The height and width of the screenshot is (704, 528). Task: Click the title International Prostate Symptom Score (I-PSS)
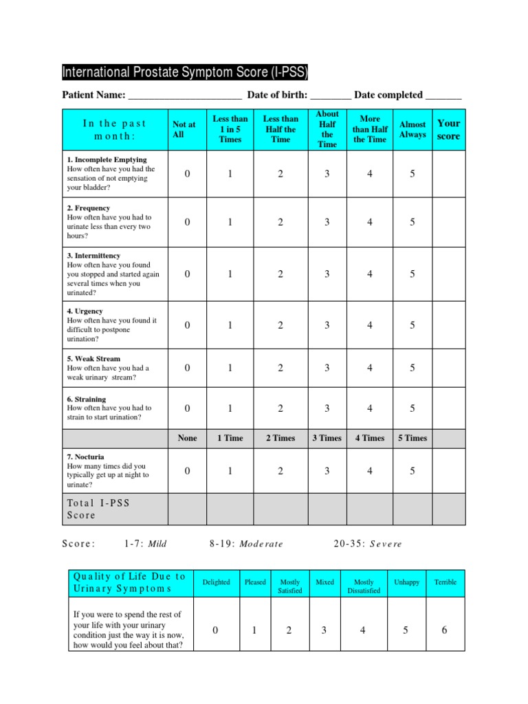pyautogui.click(x=185, y=72)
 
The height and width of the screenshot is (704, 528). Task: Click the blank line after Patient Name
pyautogui.click(x=185, y=96)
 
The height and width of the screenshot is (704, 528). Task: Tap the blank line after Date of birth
pyautogui.click(x=331, y=96)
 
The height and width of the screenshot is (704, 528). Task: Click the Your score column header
pyautogui.click(x=448, y=129)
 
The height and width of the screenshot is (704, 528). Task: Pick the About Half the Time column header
pyautogui.click(x=327, y=129)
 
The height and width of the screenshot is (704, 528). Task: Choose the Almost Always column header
pyautogui.click(x=412, y=129)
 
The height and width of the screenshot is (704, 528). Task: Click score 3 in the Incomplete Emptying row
pyautogui.click(x=327, y=174)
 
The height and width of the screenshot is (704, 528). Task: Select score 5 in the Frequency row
pyautogui.click(x=412, y=222)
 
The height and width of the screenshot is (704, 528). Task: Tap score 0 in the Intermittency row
pyautogui.click(x=187, y=274)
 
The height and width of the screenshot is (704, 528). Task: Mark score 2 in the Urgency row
pyautogui.click(x=280, y=325)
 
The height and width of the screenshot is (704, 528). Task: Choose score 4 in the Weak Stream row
pyautogui.click(x=370, y=368)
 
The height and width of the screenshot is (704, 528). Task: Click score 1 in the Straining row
pyautogui.click(x=230, y=408)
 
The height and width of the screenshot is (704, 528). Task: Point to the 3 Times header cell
pyautogui.click(x=327, y=438)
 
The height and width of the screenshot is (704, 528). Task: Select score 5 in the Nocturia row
pyautogui.click(x=412, y=471)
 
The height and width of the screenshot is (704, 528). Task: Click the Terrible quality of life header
pyautogui.click(x=445, y=582)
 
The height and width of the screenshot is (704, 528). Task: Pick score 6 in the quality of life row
pyautogui.click(x=445, y=630)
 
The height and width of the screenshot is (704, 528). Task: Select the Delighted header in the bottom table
pyautogui.click(x=217, y=582)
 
